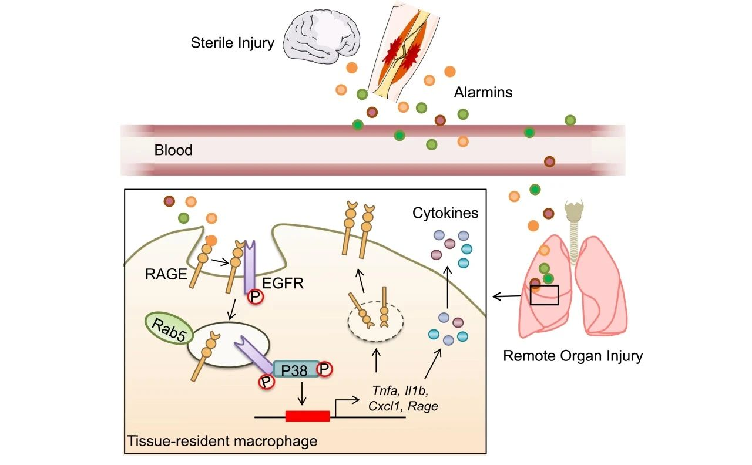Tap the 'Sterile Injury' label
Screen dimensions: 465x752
pyautogui.click(x=232, y=43)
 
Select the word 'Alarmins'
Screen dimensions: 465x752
pyautogui.click(x=483, y=92)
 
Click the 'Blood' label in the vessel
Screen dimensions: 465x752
pyautogui.click(x=173, y=150)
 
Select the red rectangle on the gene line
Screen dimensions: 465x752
pyautogui.click(x=307, y=416)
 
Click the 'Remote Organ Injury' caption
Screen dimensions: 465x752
pyautogui.click(x=573, y=356)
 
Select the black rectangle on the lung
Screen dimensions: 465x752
pyautogui.click(x=544, y=294)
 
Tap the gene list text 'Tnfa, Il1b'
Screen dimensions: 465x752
pyautogui.click(x=405, y=390)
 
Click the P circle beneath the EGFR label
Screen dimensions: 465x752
pyautogui.click(x=256, y=296)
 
